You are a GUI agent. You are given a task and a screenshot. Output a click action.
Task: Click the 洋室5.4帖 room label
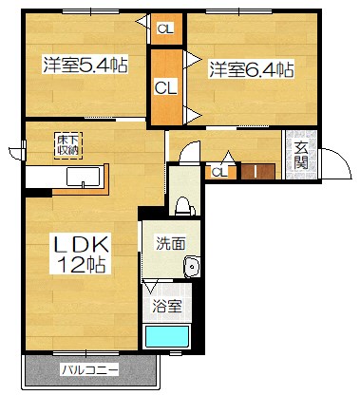click(85, 66)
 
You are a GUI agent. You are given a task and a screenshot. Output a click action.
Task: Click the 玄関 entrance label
click(301, 156)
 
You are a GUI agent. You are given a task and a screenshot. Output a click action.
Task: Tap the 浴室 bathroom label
click(169, 307)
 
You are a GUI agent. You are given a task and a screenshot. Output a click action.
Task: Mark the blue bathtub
click(168, 338)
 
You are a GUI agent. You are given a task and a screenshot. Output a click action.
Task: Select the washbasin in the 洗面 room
click(193, 268)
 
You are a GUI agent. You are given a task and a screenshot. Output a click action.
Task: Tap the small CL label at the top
click(165, 28)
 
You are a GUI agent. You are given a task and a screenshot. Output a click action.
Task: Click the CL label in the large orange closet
click(165, 88)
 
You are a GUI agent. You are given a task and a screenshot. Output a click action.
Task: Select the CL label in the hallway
click(218, 172)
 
